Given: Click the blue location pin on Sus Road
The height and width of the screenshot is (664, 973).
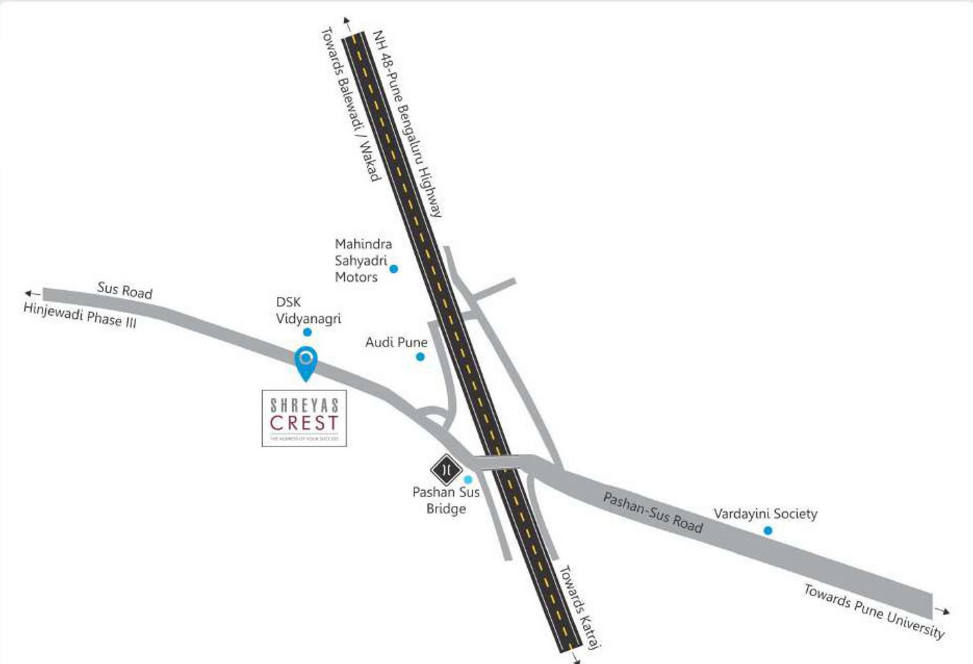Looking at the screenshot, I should (x=305, y=360).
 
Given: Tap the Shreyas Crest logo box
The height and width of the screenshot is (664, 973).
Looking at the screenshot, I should (x=304, y=418).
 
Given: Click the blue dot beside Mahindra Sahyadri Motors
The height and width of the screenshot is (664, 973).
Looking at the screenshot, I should (x=394, y=269).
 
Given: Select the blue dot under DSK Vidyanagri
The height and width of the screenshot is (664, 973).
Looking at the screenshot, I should (x=308, y=332).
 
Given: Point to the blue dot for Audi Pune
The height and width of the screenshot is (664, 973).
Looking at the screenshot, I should (x=420, y=357).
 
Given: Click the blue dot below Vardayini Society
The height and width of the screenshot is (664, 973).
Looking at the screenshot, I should (x=767, y=531).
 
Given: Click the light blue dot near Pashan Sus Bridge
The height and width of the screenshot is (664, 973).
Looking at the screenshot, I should (x=468, y=480).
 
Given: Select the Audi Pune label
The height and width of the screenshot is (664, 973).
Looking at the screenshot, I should (x=396, y=342).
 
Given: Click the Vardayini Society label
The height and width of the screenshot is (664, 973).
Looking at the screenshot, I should (x=765, y=514).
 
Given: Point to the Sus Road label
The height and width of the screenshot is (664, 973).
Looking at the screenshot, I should (x=125, y=290).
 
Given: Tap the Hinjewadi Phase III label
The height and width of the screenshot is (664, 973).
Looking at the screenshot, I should (x=80, y=315).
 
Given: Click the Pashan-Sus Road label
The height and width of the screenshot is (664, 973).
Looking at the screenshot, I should (x=652, y=513).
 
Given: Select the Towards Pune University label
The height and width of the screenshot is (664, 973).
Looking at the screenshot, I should (x=874, y=611).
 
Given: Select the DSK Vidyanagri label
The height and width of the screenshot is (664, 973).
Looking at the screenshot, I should (x=308, y=310).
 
